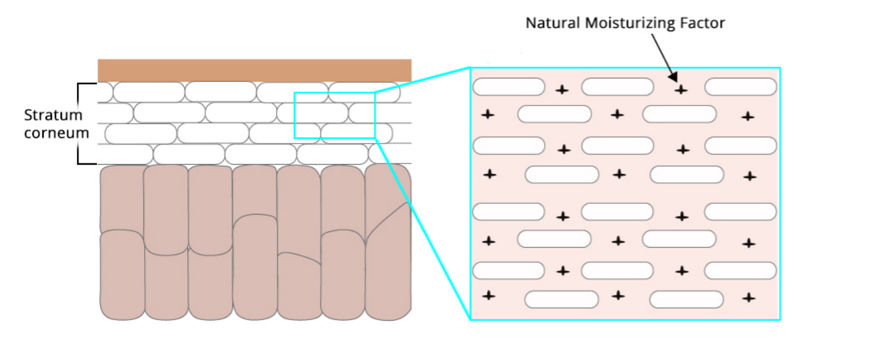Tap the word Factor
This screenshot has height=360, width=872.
[702, 23]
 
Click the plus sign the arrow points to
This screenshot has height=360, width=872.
[680, 89]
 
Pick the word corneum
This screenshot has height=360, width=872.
[56, 132]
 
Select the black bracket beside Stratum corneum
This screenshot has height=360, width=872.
[79, 123]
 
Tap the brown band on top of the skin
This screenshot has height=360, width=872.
[254, 70]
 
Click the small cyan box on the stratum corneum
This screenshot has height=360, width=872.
[335, 115]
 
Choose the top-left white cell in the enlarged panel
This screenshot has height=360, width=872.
[508, 87]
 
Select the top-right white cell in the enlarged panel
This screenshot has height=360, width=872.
[741, 87]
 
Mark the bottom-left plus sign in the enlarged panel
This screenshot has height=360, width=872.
[489, 295]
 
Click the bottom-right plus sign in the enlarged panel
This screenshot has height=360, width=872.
[749, 297]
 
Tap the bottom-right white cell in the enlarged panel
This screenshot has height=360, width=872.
[686, 300]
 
